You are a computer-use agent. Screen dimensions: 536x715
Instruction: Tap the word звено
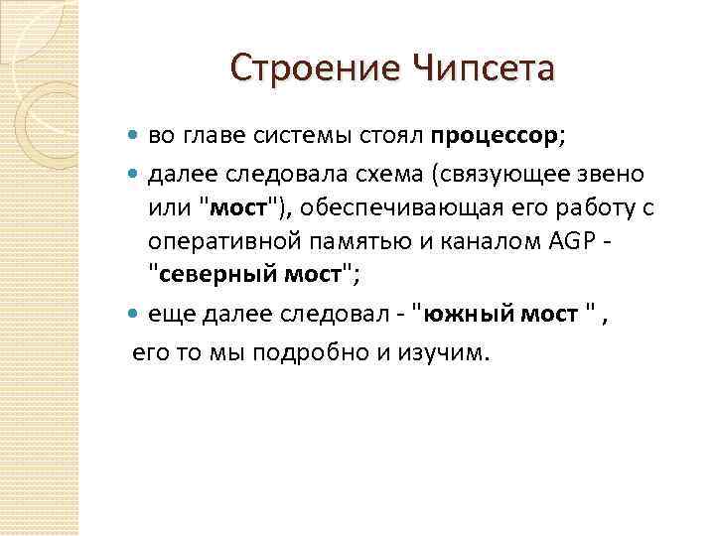coord(612,174)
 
